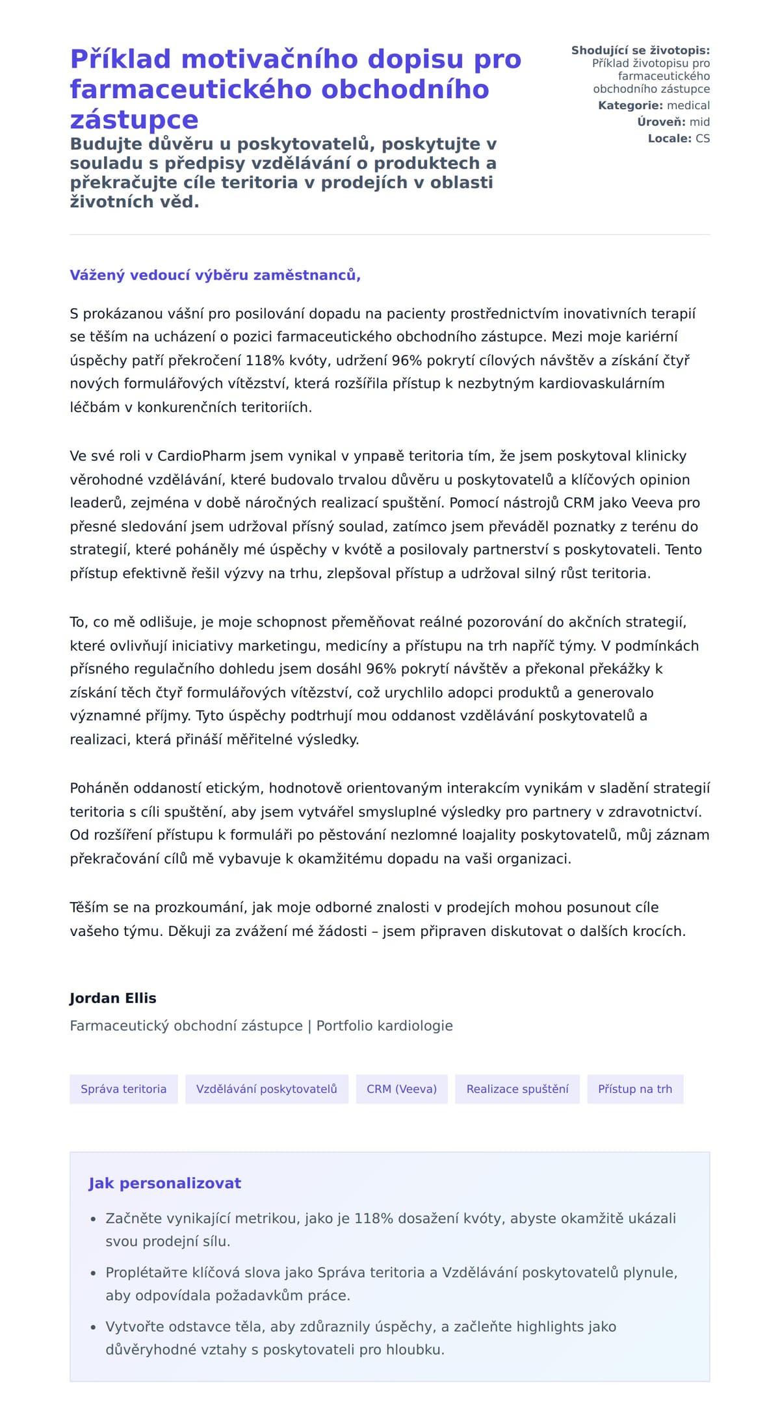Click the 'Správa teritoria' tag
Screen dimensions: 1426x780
(123, 1089)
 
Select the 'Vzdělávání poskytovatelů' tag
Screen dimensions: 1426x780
(266, 1089)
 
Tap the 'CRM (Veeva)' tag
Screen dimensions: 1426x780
(402, 1089)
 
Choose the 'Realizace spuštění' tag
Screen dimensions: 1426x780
(517, 1089)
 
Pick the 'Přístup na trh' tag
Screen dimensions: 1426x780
(635, 1089)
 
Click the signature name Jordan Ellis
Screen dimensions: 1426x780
(113, 998)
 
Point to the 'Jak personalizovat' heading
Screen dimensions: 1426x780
(164, 1183)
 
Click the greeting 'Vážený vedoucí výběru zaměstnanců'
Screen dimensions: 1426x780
(215, 275)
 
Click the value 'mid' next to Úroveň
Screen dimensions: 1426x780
(699, 122)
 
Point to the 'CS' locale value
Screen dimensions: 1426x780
(703, 138)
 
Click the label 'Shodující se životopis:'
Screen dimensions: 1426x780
(640, 50)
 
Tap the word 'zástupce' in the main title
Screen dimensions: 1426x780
(134, 120)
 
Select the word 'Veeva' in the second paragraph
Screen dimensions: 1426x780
(652, 503)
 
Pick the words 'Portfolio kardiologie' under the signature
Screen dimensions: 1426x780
(384, 1026)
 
